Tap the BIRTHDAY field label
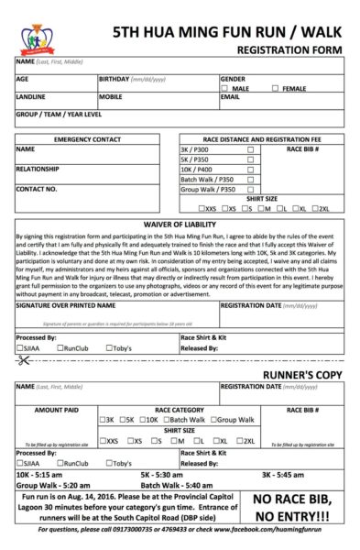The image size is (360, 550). point(116,80)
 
